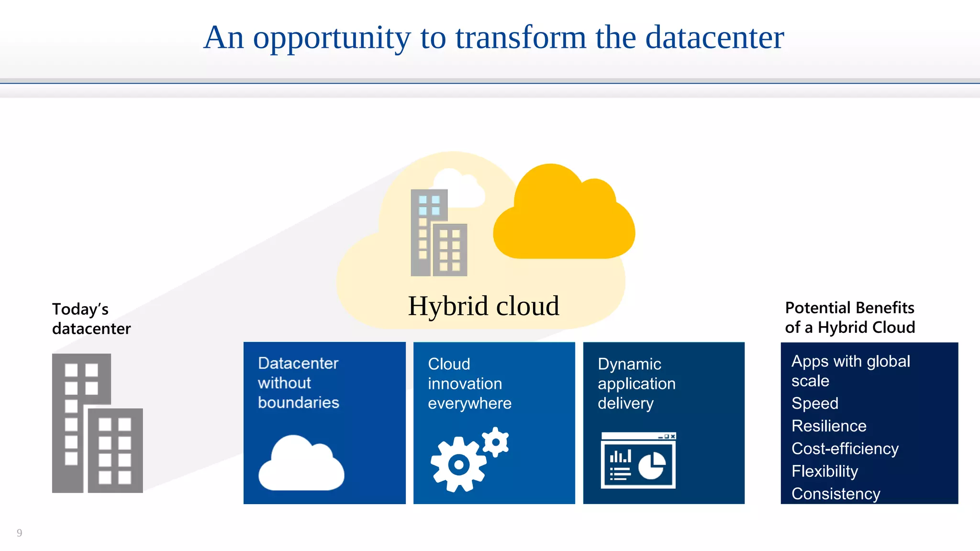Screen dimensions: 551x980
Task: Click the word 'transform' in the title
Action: click(520, 38)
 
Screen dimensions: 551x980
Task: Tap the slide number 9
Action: click(19, 533)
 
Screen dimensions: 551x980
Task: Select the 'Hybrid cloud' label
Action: click(483, 306)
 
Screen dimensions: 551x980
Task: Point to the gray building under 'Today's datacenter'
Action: click(97, 423)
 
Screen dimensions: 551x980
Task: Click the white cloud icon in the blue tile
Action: click(301, 464)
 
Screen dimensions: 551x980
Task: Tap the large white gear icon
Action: click(458, 464)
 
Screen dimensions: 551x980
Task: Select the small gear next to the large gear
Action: click(496, 441)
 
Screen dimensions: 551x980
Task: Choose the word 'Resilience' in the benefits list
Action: click(829, 426)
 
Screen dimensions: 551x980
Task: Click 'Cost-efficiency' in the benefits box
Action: click(845, 449)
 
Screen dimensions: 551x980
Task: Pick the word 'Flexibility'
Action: click(824, 471)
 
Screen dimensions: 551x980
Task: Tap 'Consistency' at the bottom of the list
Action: click(835, 494)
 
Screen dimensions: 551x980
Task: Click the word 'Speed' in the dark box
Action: click(814, 403)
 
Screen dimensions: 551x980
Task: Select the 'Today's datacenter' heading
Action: click(91, 319)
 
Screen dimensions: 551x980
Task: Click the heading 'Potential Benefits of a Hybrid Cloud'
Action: click(850, 317)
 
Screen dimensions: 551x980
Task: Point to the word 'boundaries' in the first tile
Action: click(298, 403)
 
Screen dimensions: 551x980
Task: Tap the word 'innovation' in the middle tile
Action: click(465, 384)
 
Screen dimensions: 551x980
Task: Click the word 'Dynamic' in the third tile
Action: click(629, 364)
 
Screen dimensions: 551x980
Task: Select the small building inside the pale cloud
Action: click(438, 233)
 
